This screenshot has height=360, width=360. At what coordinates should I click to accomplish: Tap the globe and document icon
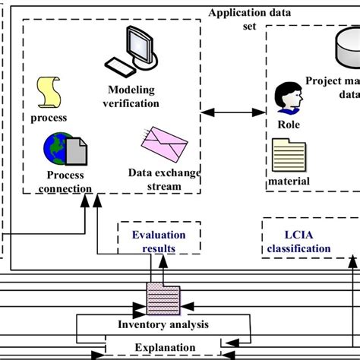(x=64, y=149)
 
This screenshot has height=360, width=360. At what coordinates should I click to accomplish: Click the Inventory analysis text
(x=163, y=325)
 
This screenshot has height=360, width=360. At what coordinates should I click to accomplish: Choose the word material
(x=289, y=182)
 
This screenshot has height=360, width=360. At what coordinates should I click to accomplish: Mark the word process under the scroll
(x=49, y=118)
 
